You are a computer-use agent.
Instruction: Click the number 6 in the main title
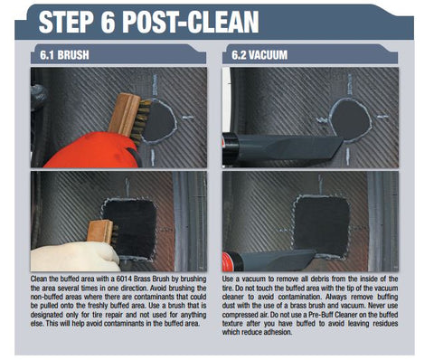tap(107, 22)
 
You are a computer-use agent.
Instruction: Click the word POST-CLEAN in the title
tap(190, 22)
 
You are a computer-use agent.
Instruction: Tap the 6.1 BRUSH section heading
tap(64, 55)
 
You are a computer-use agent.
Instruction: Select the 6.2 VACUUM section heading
tap(259, 55)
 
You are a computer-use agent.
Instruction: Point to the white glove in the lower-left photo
tap(75, 256)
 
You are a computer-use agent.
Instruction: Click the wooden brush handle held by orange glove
tap(124, 114)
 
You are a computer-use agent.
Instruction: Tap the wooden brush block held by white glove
tap(100, 232)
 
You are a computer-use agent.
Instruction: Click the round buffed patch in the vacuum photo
tap(352, 120)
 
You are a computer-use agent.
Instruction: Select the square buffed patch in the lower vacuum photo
tap(321, 226)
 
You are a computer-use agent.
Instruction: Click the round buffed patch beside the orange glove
tap(159, 121)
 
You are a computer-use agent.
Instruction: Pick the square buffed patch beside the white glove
tap(131, 228)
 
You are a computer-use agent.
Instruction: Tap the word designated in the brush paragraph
tap(46, 315)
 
